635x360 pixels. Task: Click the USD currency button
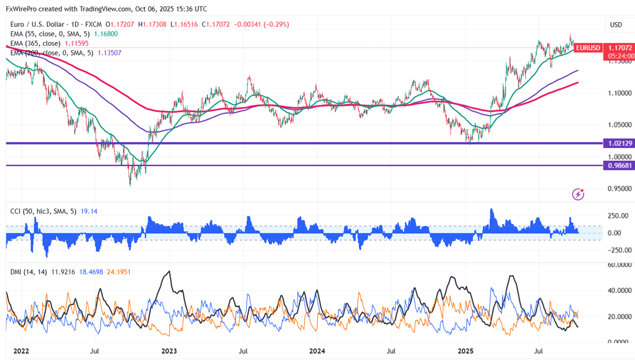point(615,25)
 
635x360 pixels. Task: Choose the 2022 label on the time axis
point(22,351)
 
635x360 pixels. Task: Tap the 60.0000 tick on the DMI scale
point(618,264)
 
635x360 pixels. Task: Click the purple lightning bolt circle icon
point(578,194)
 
